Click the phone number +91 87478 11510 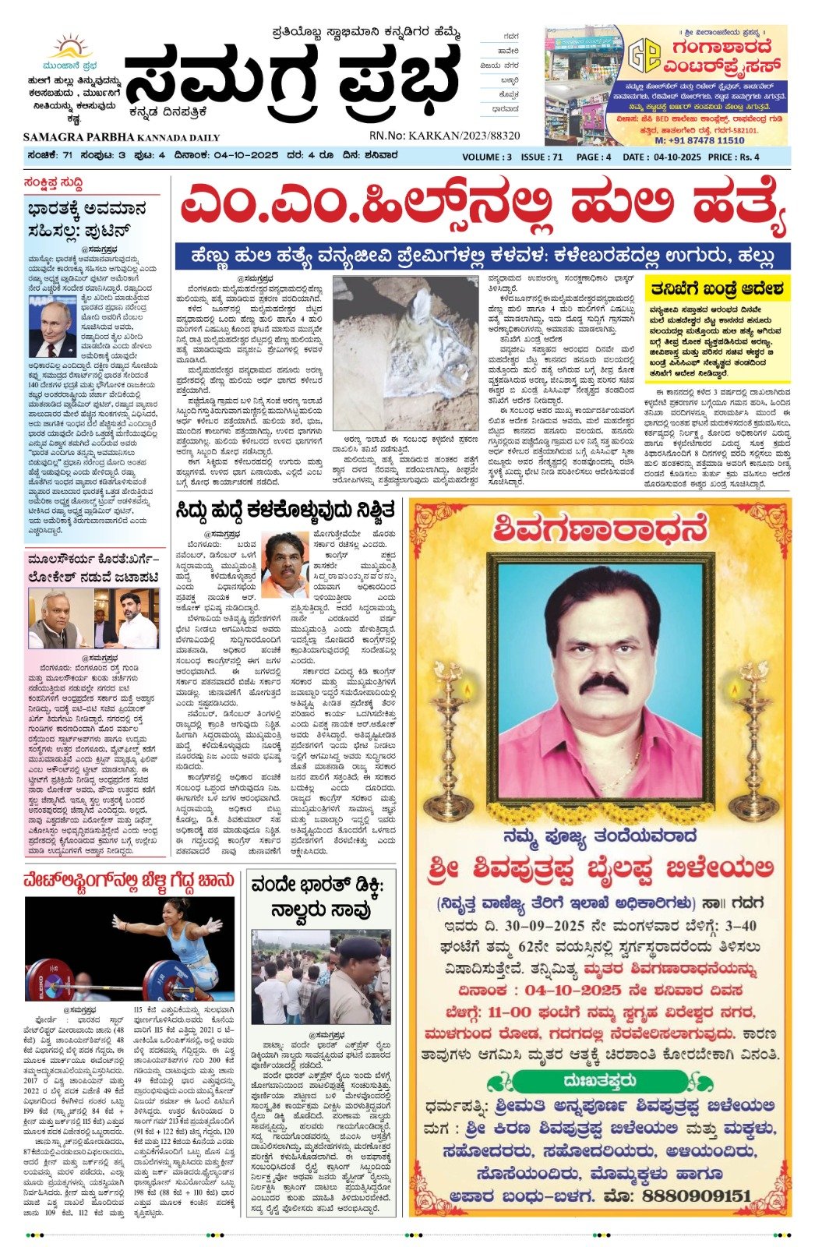[x=699, y=140]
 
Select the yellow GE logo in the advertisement [x=644, y=55]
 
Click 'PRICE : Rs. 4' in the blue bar [x=734, y=157]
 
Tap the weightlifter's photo [x=130, y=948]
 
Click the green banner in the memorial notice [x=600, y=1081]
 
